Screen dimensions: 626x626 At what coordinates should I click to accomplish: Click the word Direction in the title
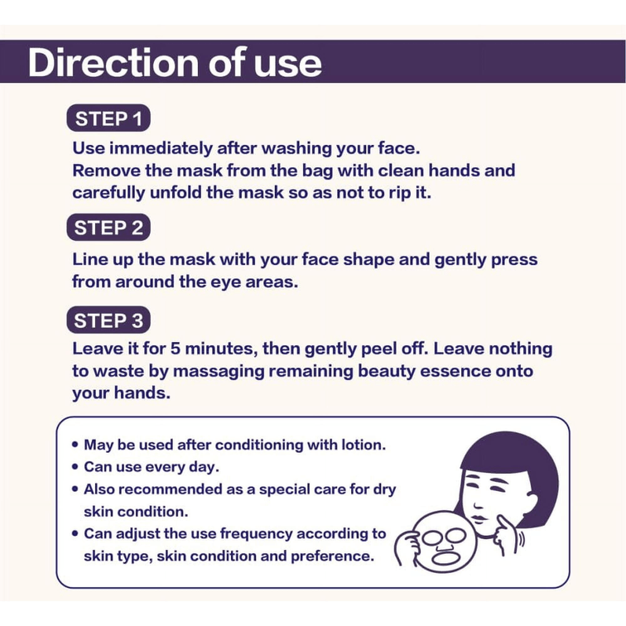(x=113, y=62)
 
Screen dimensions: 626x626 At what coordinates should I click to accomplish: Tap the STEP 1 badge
(x=108, y=118)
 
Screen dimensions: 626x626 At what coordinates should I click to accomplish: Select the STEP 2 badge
(x=108, y=228)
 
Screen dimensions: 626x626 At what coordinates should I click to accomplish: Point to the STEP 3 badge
(x=108, y=320)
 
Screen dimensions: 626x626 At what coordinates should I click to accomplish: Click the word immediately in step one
(x=161, y=148)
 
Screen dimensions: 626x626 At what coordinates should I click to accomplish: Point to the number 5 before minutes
(x=176, y=349)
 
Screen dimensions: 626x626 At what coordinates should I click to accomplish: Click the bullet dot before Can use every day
(x=75, y=467)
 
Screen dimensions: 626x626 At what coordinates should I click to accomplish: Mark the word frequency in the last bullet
(x=257, y=534)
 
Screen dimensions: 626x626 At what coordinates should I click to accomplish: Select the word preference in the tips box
(x=332, y=556)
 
